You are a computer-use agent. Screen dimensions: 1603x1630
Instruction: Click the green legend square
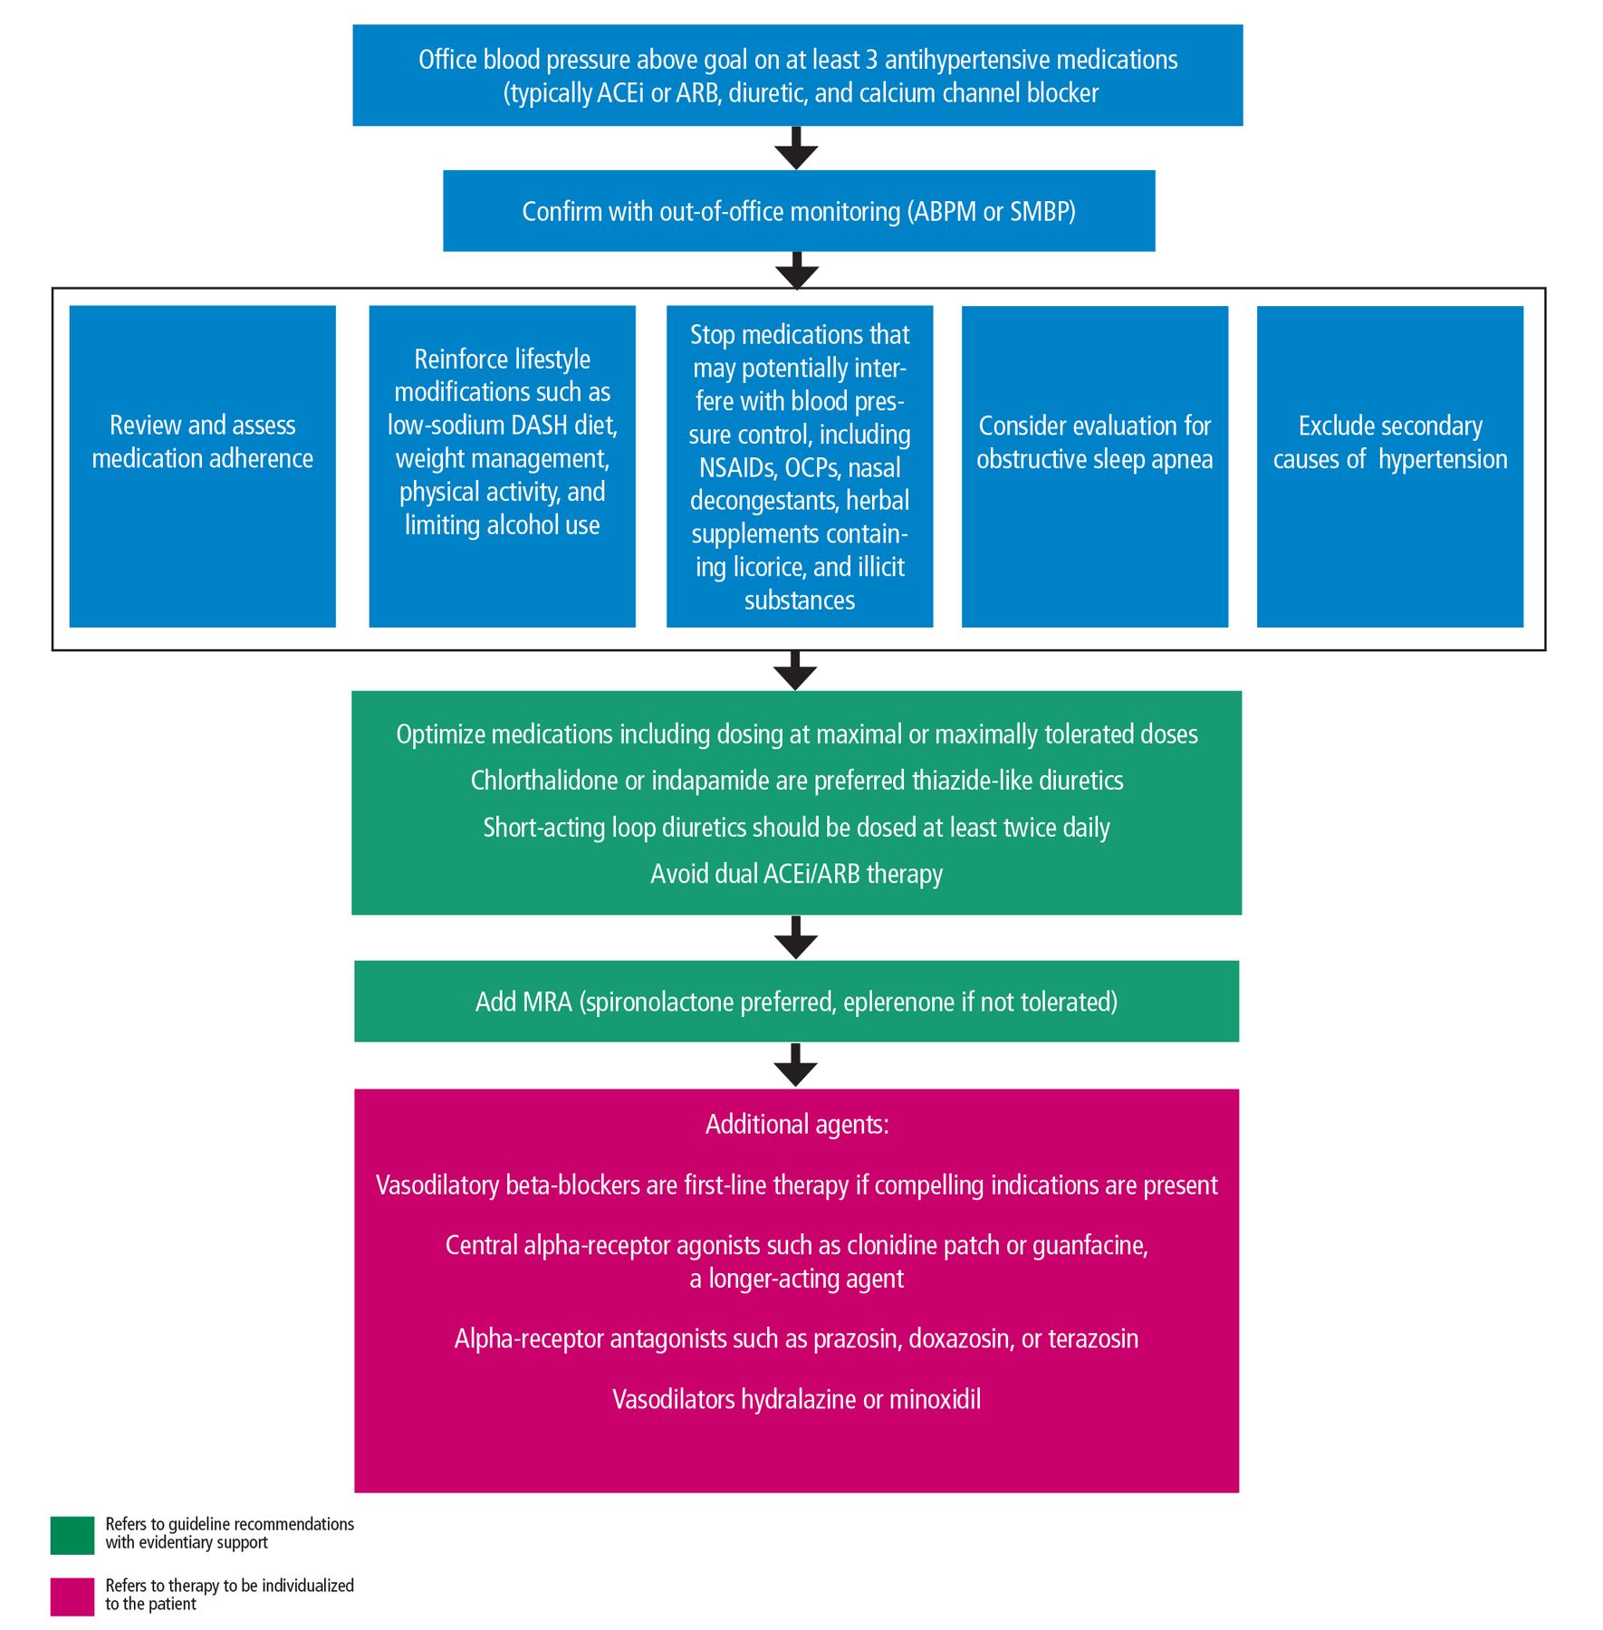[x=72, y=1535]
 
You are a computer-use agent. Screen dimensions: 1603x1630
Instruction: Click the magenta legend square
[x=72, y=1596]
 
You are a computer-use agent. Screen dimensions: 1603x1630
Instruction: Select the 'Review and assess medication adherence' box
[x=203, y=466]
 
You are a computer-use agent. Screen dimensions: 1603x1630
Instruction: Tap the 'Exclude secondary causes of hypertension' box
[x=1390, y=466]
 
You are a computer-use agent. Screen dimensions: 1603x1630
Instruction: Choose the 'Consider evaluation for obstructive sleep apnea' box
[x=1095, y=466]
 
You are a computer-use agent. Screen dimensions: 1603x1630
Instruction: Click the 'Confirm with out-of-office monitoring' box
[x=799, y=211]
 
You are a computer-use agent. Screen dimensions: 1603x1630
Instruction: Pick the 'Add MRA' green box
[x=796, y=1002]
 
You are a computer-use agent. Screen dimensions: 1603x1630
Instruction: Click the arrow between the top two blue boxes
[x=797, y=148]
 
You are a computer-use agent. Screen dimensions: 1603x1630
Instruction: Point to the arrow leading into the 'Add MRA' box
[x=797, y=937]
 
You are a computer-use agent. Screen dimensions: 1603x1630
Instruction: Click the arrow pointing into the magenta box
[x=797, y=1065]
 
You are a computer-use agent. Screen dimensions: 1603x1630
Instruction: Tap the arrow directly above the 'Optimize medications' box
[x=796, y=670]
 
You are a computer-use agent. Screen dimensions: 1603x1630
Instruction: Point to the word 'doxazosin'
[x=960, y=1339]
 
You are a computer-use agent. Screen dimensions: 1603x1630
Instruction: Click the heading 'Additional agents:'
[x=797, y=1125]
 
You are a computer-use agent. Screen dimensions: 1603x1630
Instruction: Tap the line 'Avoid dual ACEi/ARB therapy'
[x=797, y=874]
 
